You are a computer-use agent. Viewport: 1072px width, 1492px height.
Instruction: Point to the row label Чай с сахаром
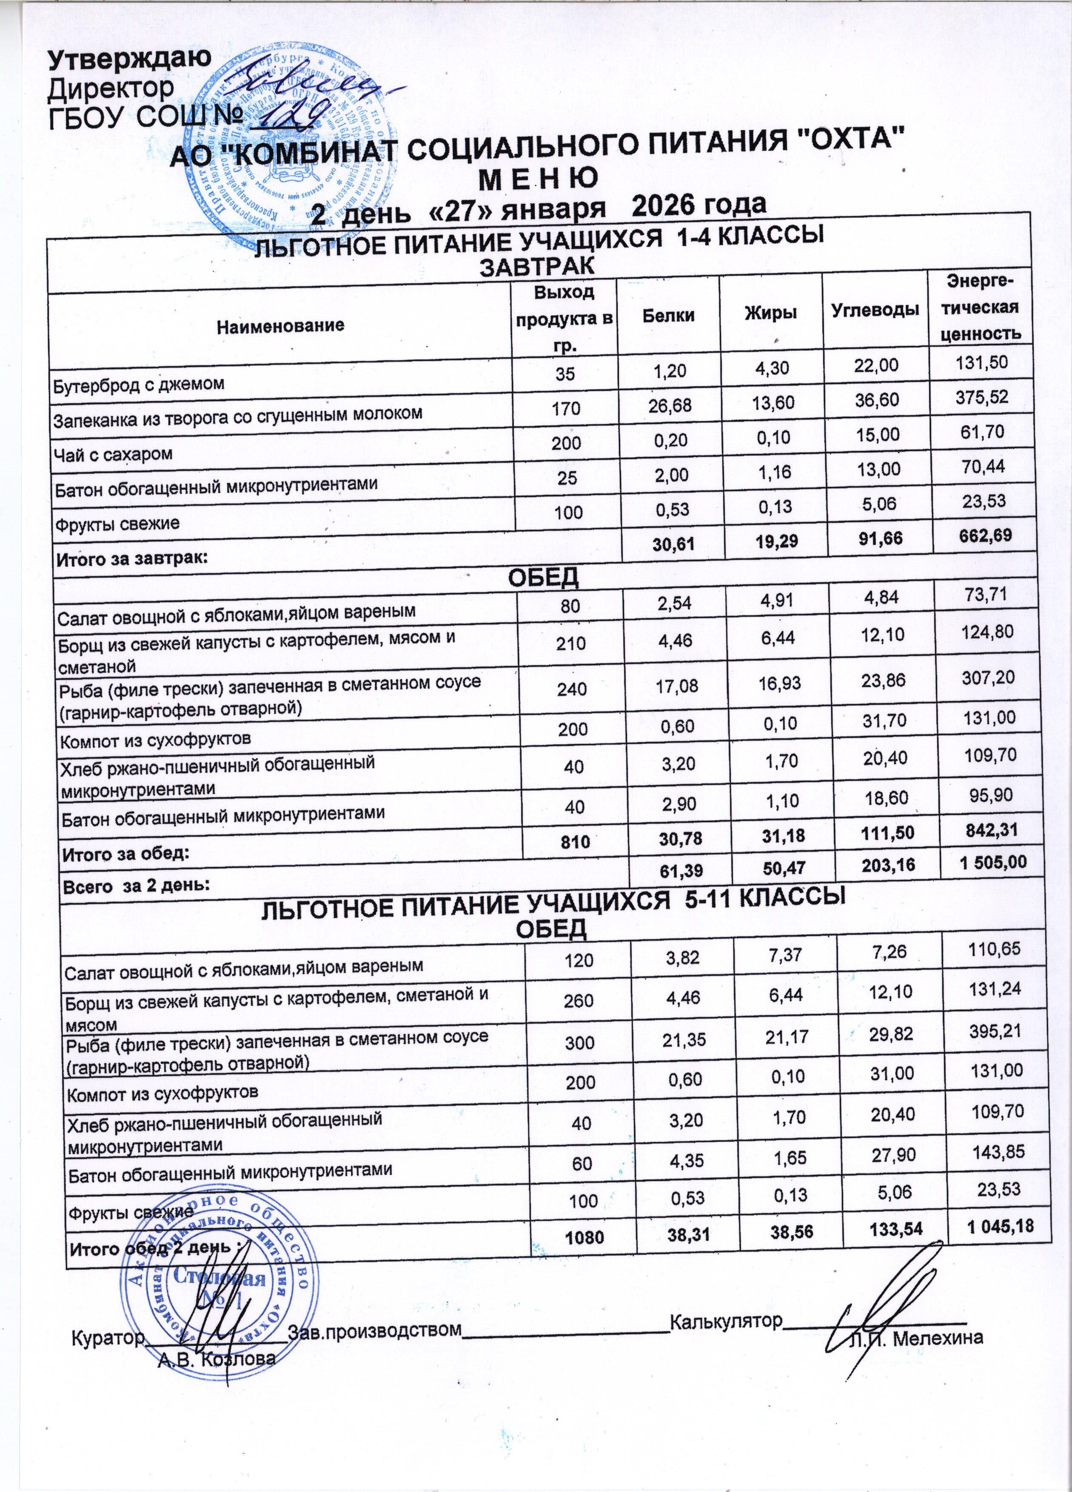point(113,454)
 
